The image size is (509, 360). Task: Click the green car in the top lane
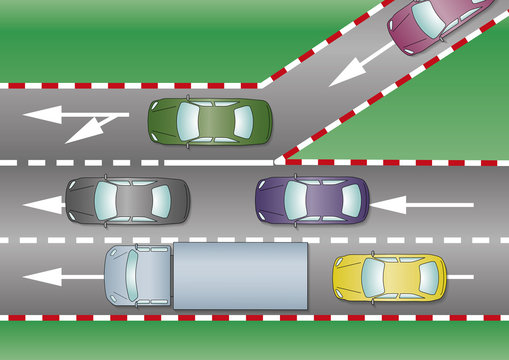[209, 121]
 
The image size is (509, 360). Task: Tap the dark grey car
[127, 200]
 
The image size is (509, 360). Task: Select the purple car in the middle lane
[313, 198]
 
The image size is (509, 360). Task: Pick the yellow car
[390, 277]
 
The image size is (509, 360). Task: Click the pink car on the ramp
[437, 25]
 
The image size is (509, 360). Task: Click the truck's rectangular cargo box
[240, 275]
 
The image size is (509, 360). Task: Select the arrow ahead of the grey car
[42, 205]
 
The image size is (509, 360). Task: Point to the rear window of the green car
[243, 121]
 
